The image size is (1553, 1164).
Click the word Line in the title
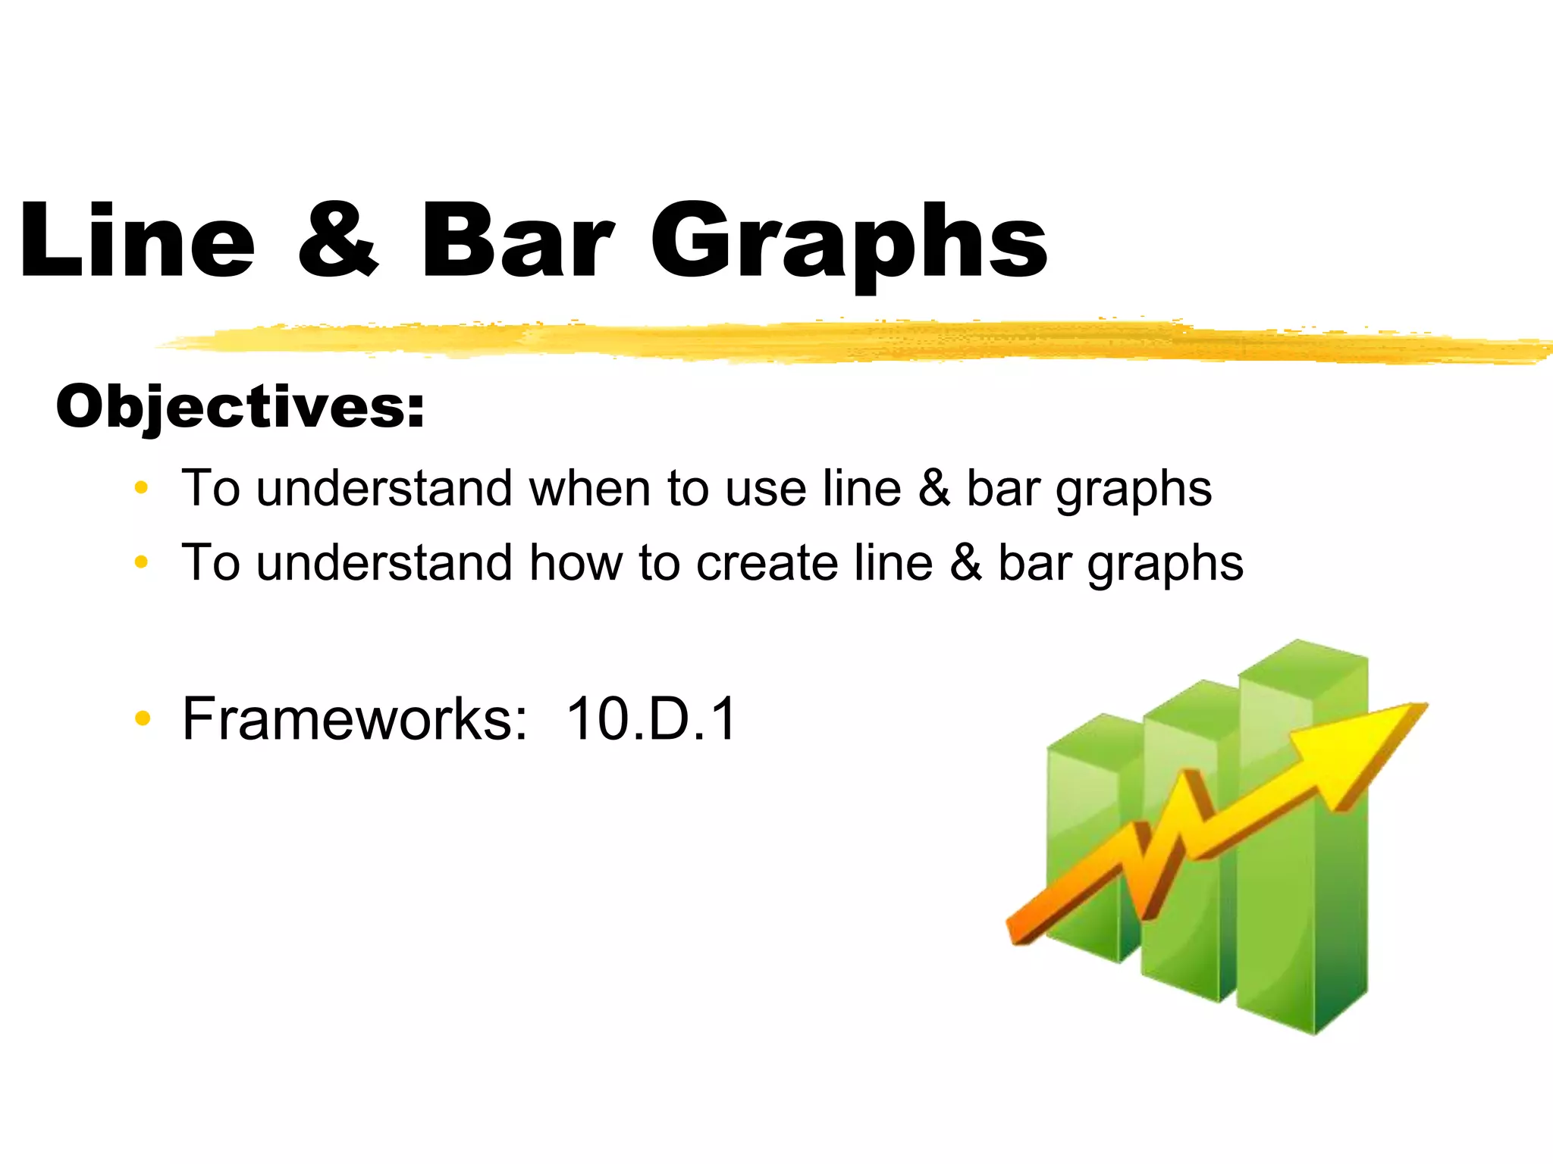pyautogui.click(x=137, y=240)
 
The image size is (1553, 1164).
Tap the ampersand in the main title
pyautogui.click(x=337, y=240)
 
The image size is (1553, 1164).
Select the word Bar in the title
pyautogui.click(x=516, y=240)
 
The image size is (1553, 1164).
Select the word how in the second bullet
pyautogui.click(x=575, y=563)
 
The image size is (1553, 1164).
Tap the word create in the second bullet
pyautogui.click(x=767, y=563)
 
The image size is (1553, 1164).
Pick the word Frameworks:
pyautogui.click(x=355, y=718)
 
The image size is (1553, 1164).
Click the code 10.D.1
pyautogui.click(x=651, y=718)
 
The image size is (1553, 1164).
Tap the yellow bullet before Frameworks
pyautogui.click(x=141, y=718)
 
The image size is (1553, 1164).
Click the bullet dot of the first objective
pyautogui.click(x=141, y=488)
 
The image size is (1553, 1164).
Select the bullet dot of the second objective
pyautogui.click(x=141, y=562)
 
